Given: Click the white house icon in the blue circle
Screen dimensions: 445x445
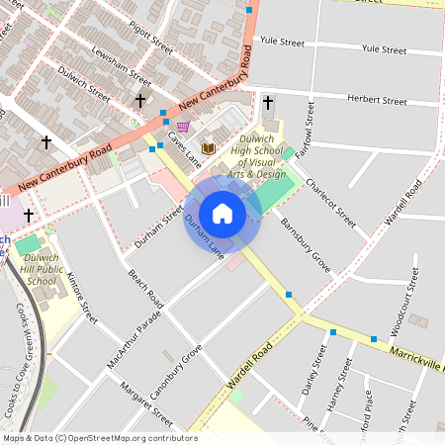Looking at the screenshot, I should [x=222, y=214].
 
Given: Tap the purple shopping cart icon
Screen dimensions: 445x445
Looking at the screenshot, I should [x=184, y=127].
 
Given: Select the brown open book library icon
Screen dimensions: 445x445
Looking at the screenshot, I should [x=208, y=148].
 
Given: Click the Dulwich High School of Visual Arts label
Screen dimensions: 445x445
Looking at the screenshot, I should [x=256, y=158].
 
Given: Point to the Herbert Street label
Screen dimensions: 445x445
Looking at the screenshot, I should [x=377, y=101].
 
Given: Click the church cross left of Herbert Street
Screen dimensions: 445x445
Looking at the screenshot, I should [x=268, y=102].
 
